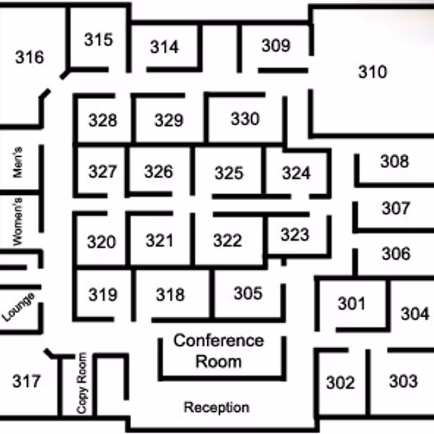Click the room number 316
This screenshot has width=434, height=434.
(30, 58)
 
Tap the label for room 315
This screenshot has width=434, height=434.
(99, 39)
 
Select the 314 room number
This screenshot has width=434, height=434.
(164, 47)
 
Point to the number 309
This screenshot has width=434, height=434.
(276, 46)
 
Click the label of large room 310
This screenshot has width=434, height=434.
(373, 72)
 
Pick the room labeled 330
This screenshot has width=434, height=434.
(245, 119)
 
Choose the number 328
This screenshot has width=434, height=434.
(103, 120)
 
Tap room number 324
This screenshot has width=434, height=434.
(296, 173)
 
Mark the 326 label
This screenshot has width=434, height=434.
(158, 171)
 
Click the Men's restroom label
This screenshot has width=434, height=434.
(17, 162)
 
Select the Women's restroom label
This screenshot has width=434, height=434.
(17, 221)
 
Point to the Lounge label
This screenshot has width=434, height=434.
(18, 307)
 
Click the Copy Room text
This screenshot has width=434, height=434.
(82, 383)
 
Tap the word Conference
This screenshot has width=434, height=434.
(219, 341)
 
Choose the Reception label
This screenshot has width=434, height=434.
(216, 407)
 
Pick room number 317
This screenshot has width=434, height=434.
(27, 381)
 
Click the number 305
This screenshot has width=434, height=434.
(248, 293)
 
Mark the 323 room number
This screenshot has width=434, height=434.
(295, 234)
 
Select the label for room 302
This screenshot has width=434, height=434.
(341, 383)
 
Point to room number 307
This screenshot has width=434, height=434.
(396, 208)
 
